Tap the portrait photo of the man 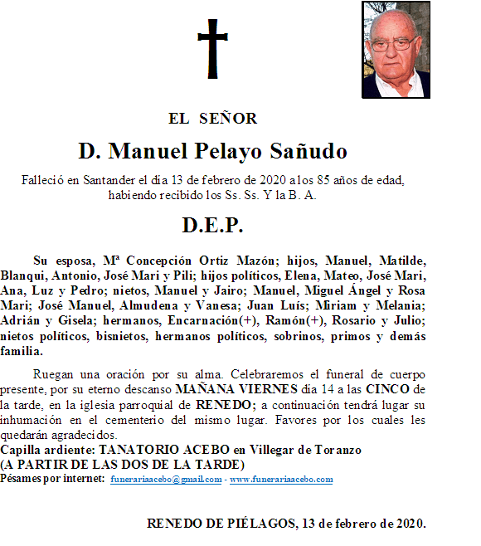[396, 50]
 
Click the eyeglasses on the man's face [393, 42]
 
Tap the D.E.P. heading [213, 226]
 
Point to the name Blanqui [23, 275]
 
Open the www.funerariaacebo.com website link [281, 480]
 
